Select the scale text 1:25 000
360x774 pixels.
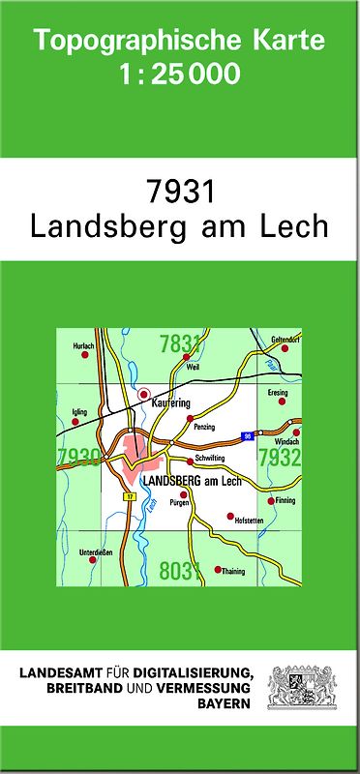(180, 74)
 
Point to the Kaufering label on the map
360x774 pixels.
(171, 402)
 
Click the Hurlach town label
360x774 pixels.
(83, 345)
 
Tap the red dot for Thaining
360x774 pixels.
(218, 569)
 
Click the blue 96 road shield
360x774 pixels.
(248, 435)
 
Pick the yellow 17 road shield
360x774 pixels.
(128, 495)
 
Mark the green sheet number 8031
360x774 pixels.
(178, 572)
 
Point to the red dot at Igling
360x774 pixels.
(76, 422)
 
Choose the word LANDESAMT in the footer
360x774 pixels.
(60, 672)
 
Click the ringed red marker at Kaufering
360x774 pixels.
(144, 394)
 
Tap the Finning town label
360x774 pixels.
(285, 500)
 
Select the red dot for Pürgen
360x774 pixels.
(183, 494)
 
